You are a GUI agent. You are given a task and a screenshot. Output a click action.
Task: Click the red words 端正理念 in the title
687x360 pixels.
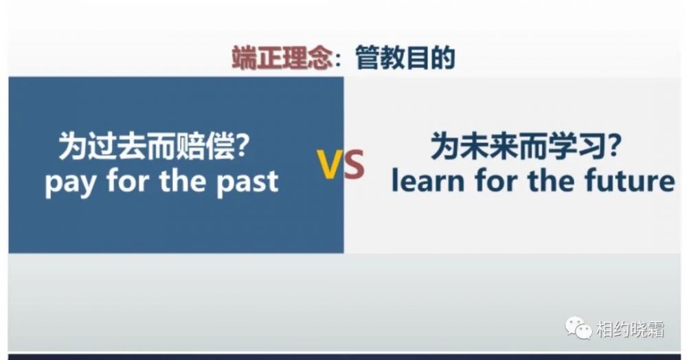click(x=282, y=58)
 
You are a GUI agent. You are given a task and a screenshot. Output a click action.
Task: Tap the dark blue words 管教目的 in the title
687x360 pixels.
click(x=405, y=58)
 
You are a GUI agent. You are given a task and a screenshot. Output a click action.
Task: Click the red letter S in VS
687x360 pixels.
click(x=354, y=164)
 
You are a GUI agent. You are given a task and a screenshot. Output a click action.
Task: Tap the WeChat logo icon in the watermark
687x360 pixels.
click(x=578, y=328)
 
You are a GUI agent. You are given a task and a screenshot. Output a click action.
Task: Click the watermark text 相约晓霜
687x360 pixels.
click(x=630, y=329)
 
